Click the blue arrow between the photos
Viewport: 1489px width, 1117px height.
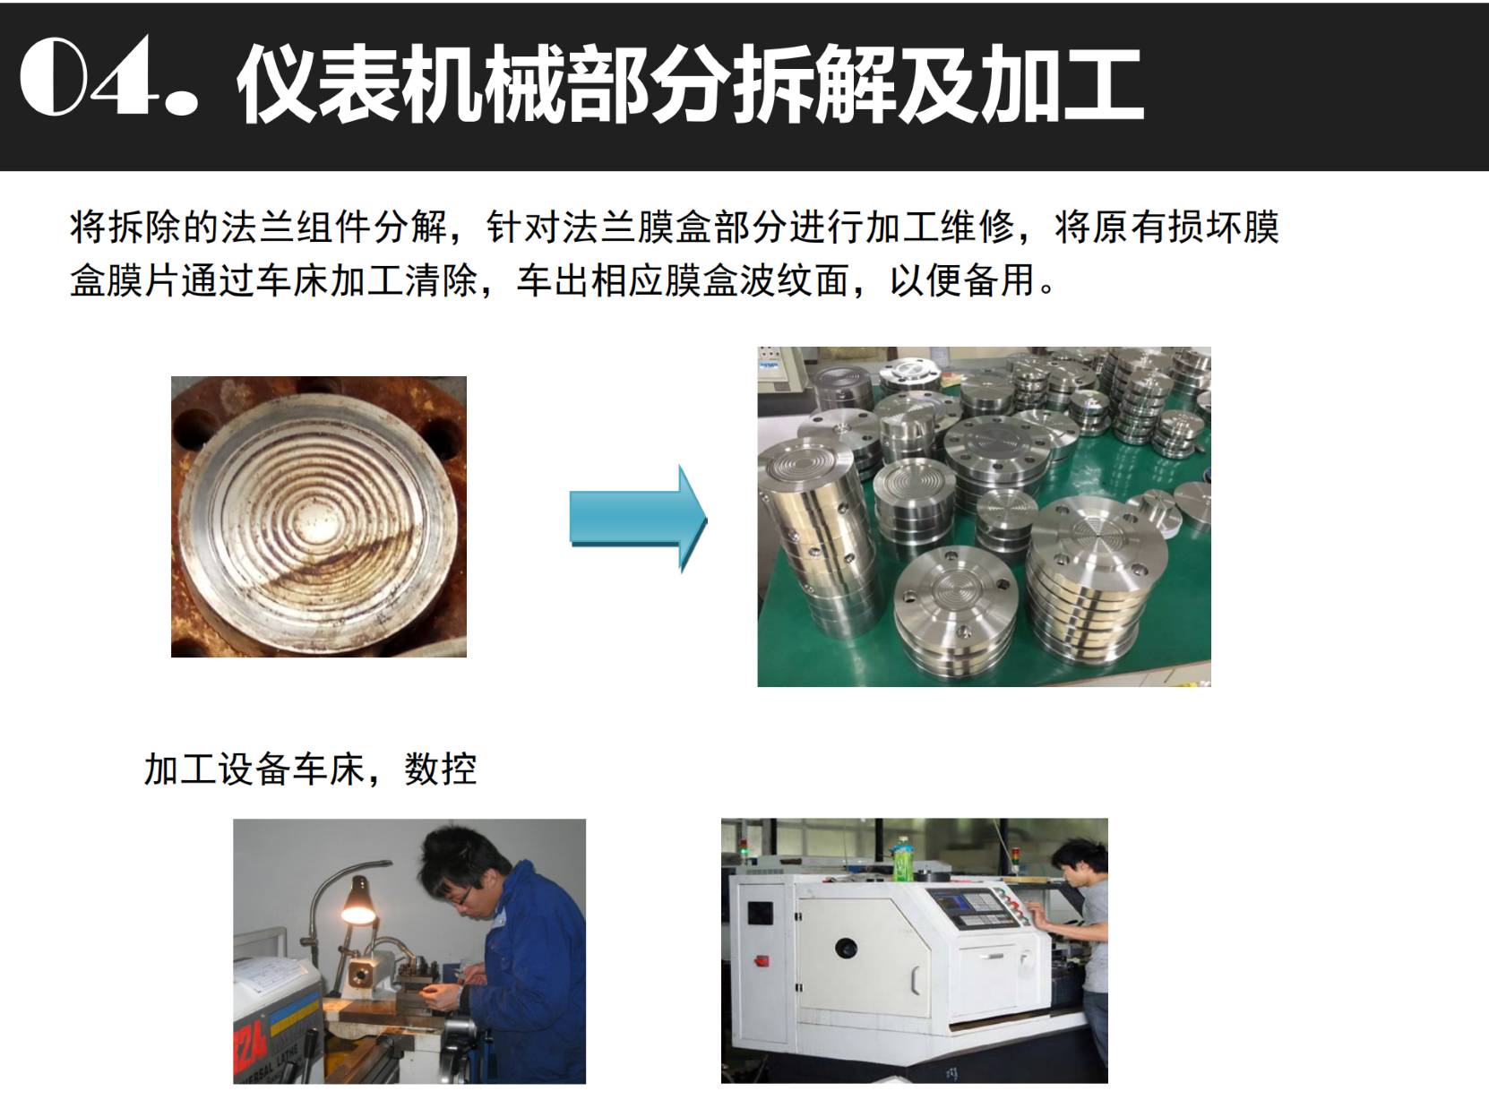click(639, 519)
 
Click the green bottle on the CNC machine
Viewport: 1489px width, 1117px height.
click(901, 859)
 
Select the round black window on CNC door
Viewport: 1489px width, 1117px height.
click(846, 947)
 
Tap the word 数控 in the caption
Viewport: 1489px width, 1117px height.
click(441, 769)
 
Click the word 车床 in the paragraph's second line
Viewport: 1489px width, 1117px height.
click(292, 280)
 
